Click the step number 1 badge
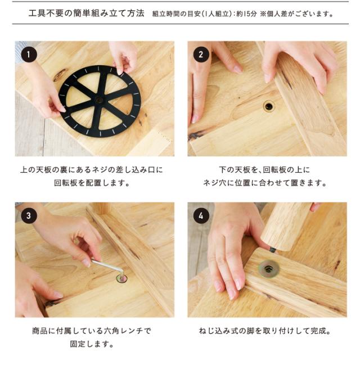29,55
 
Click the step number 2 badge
201,54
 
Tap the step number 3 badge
29,216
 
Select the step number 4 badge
201,216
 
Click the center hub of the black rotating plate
99,101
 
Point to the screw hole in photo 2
269,106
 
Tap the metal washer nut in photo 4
269,269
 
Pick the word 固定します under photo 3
89,344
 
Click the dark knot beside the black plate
60,75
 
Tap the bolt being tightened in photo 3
122,278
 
